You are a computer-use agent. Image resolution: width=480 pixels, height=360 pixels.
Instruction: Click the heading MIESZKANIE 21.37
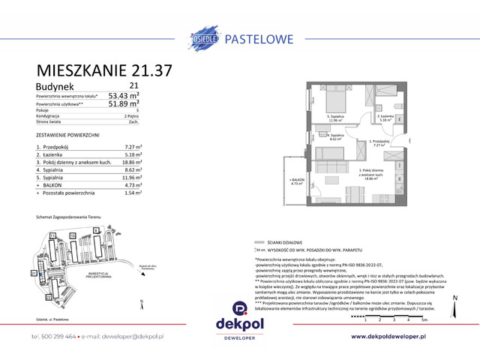tap(104, 71)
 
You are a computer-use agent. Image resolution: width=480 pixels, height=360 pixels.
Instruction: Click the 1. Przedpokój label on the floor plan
tap(379, 142)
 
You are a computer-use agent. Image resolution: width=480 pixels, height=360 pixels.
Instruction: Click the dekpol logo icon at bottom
tap(239, 307)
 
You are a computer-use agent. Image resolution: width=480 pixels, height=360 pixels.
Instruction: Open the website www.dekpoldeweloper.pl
tap(400, 337)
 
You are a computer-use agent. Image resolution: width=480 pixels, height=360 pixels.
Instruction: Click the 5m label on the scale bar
tap(424, 320)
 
